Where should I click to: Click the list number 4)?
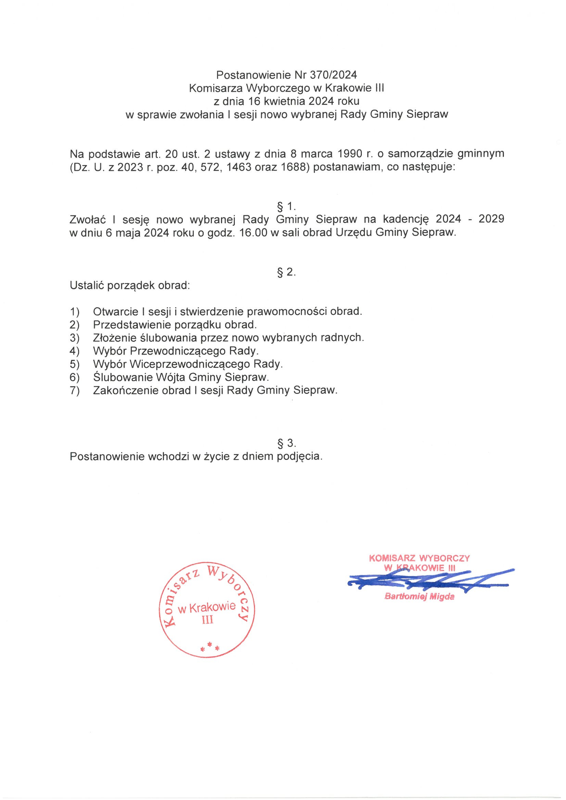coord(75,351)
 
